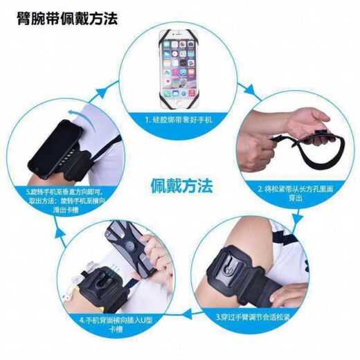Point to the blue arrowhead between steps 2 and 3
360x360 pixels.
click(x=299, y=217)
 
